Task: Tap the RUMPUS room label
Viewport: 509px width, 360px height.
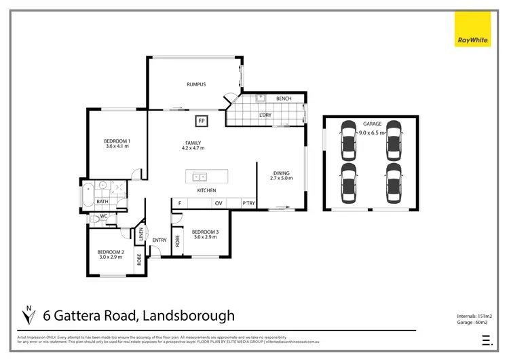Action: (x=196, y=84)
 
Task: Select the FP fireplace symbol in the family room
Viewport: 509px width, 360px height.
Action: (x=202, y=122)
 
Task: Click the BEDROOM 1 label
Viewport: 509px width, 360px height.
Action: (x=117, y=141)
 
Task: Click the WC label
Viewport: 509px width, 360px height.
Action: (x=104, y=217)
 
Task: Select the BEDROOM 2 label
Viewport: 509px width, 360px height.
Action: (x=111, y=253)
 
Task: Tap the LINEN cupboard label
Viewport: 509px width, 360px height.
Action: (x=142, y=236)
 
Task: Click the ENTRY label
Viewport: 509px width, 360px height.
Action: (x=159, y=240)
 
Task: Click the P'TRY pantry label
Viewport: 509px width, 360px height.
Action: (x=248, y=203)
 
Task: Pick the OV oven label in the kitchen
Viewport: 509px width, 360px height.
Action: (x=219, y=203)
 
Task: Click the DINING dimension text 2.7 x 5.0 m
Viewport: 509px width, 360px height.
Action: (x=282, y=179)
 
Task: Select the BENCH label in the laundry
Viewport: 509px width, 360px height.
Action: (x=284, y=99)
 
